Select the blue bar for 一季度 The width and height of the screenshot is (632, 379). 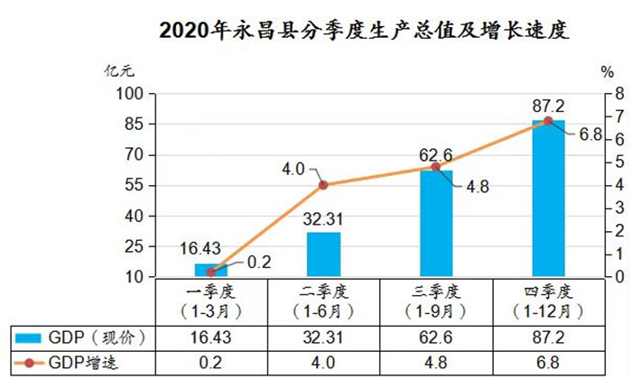(211, 270)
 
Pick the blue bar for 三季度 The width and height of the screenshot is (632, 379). (436, 223)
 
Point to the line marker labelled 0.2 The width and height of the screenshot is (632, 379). (211, 271)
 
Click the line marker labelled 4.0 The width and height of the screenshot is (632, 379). (323, 184)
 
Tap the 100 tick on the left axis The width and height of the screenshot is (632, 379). (132, 93)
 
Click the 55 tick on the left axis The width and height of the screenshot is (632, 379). (134, 185)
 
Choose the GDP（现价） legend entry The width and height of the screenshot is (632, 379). (82, 337)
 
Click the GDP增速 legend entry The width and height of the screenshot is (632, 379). (82, 362)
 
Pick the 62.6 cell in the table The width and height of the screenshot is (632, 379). (436, 337)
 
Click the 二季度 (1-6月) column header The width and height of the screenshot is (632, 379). (323, 300)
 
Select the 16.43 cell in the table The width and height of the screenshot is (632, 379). (211, 337)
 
